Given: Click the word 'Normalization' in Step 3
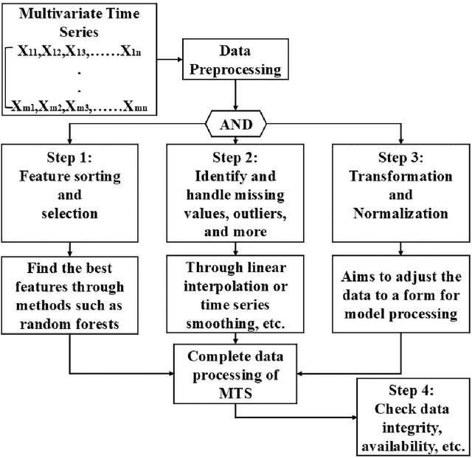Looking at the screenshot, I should point(400,214).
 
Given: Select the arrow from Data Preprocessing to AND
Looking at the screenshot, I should point(235,96).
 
